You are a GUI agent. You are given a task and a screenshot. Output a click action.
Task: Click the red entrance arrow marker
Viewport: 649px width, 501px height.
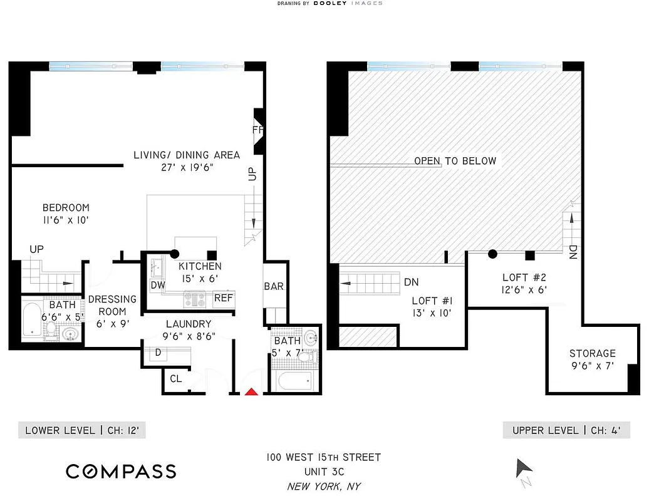click(x=251, y=392)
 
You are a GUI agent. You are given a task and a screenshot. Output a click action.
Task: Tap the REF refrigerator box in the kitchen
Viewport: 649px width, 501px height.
click(x=223, y=299)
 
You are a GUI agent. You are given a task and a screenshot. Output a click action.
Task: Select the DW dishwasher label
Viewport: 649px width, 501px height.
click(x=158, y=286)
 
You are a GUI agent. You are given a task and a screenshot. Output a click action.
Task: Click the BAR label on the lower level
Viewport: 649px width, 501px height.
click(x=274, y=287)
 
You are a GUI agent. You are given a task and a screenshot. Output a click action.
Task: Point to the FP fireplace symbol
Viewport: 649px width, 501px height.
click(x=257, y=131)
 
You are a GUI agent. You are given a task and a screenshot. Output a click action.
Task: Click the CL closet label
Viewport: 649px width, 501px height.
click(x=176, y=378)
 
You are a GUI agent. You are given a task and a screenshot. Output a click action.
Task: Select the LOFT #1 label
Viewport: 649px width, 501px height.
click(x=428, y=300)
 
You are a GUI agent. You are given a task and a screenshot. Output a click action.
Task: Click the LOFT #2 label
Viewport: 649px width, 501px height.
click(x=524, y=277)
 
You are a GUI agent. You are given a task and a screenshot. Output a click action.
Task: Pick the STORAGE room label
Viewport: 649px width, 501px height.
click(x=592, y=353)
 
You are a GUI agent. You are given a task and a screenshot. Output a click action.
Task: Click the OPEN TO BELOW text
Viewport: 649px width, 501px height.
click(x=455, y=161)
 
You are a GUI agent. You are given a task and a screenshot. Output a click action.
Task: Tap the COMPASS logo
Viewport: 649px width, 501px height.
click(x=121, y=471)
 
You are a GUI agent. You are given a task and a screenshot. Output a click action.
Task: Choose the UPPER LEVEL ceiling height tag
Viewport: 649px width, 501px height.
click(x=566, y=430)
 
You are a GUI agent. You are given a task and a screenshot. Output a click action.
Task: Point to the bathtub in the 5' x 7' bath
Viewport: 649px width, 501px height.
click(x=294, y=380)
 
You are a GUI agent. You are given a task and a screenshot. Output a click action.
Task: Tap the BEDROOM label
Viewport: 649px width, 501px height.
click(x=66, y=208)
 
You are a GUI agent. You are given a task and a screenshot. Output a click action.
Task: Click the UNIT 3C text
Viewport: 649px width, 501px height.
click(x=324, y=472)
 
